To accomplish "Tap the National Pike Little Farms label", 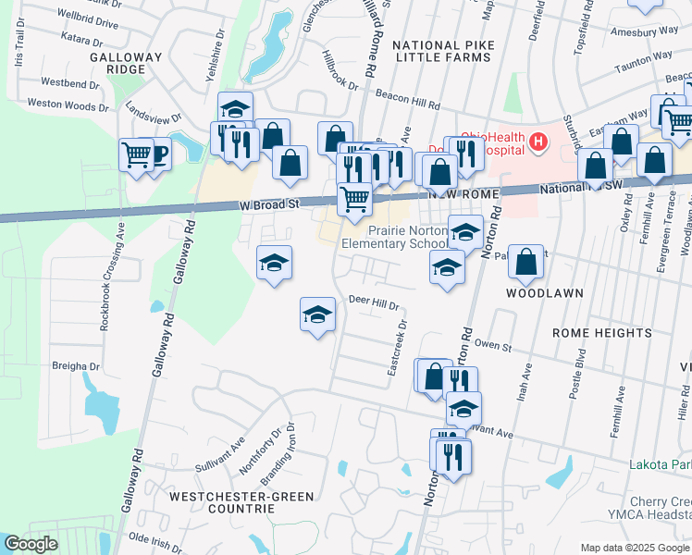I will [440, 51].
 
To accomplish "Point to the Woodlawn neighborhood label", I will [544, 292].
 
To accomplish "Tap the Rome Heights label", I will [601, 333].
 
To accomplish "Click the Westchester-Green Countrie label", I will [237, 502].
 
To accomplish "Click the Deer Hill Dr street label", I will [373, 302].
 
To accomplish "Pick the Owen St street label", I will [492, 345].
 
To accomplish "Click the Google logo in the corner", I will [31, 544].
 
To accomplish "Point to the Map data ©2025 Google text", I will [635, 548].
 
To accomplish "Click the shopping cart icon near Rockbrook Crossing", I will [136, 154].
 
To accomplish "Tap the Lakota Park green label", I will [661, 463].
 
